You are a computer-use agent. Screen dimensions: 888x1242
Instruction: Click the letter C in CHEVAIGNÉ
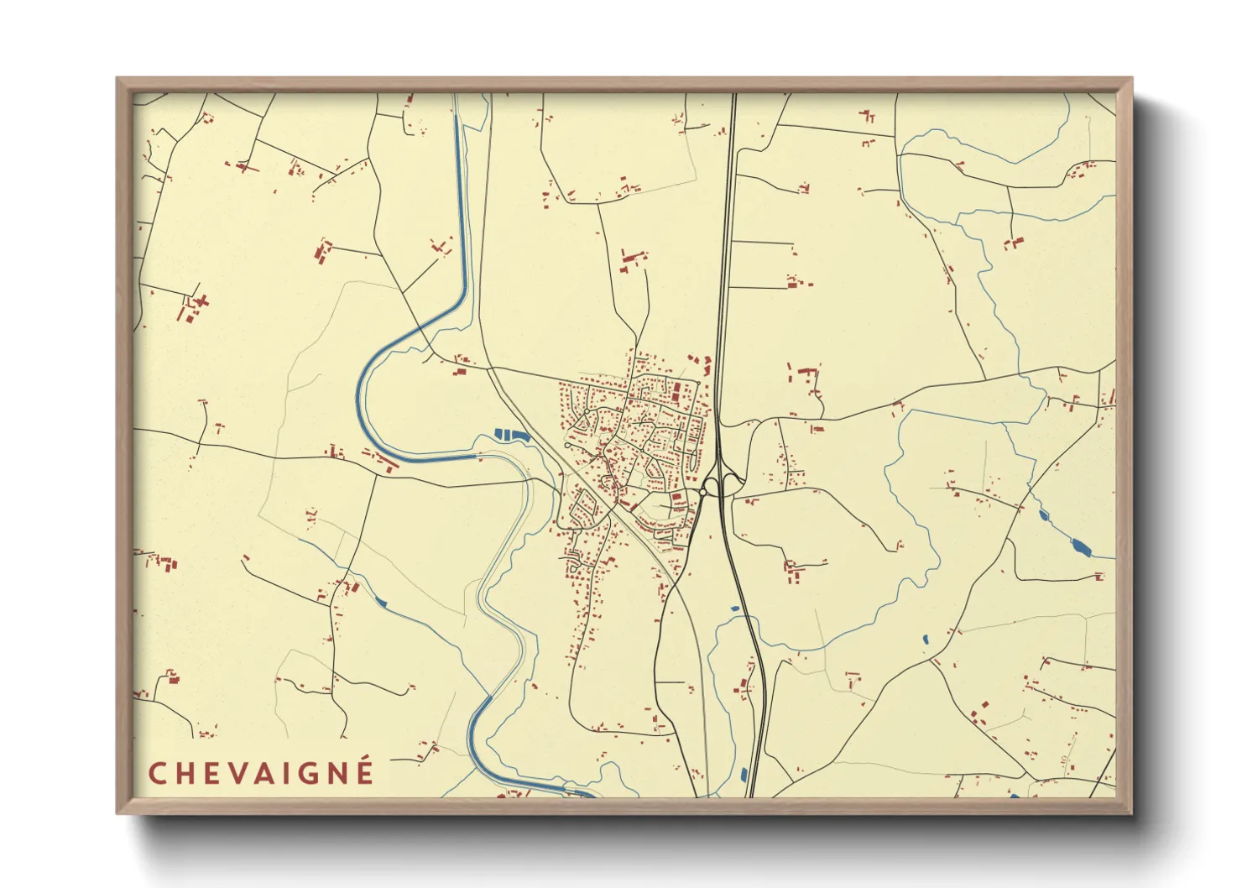[x=157, y=773]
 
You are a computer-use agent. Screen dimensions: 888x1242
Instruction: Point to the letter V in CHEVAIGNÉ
[x=232, y=773]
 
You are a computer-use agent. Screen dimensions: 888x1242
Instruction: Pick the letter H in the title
[x=182, y=773]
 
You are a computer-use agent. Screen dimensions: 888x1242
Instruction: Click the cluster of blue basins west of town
[x=512, y=435]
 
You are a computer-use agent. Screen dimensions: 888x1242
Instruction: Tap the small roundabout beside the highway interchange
[x=710, y=486]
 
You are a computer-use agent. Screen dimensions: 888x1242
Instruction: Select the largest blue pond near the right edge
[x=1080, y=547]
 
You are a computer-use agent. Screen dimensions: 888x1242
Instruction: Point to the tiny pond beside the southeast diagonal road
[x=925, y=640]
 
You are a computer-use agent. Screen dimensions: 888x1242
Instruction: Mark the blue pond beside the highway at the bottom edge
[x=744, y=775]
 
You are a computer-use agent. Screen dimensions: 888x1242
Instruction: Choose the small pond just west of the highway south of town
[x=734, y=609]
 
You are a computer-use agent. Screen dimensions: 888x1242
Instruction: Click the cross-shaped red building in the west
[x=200, y=300]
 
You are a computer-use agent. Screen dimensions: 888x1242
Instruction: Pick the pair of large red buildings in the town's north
[x=676, y=390]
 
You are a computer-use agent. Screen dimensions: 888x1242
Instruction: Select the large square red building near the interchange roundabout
[x=676, y=499]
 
